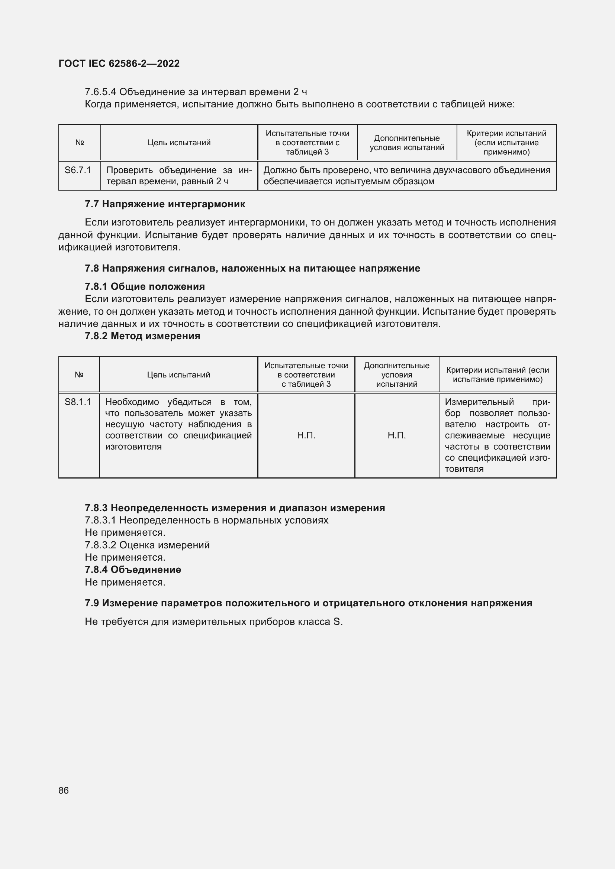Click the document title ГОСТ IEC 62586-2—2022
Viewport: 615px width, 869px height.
tap(119, 64)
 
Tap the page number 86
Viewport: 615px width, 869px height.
tap(64, 790)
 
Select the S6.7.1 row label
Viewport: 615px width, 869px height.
tap(78, 170)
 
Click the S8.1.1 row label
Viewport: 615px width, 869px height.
tap(78, 402)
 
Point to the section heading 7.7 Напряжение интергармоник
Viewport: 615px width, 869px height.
tap(165, 204)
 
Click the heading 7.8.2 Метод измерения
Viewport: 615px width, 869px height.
tap(142, 336)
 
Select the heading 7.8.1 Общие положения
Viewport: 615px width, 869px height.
tap(145, 286)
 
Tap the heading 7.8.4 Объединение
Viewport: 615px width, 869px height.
tap(133, 570)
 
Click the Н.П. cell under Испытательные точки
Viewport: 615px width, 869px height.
tap(306, 435)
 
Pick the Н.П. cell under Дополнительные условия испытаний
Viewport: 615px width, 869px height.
tap(396, 435)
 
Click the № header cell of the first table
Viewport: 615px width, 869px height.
tap(80, 143)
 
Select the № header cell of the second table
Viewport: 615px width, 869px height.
tap(79, 375)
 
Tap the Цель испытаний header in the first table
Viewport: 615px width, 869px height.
tap(179, 143)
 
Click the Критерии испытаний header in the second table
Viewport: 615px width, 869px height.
tap(498, 375)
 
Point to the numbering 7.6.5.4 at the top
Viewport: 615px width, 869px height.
tap(100, 92)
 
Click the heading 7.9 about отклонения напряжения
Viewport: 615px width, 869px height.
tap(308, 603)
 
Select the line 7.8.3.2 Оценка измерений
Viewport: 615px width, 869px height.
tap(147, 545)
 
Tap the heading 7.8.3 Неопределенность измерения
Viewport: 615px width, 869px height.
tap(235, 508)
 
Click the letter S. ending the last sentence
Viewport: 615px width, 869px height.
tap(338, 622)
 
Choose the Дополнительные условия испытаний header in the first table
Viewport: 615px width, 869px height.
tap(407, 143)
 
